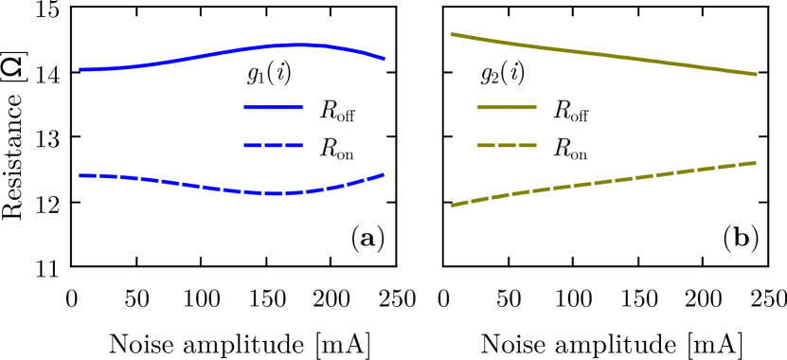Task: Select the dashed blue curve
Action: tap(189, 184)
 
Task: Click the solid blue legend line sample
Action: tap(274, 107)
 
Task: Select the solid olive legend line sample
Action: tap(506, 107)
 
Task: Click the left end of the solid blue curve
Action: tap(80, 69)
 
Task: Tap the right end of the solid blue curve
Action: tap(385, 59)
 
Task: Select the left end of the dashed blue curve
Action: tap(80, 175)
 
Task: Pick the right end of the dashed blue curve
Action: tap(384, 174)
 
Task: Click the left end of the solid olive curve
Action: tap(452, 34)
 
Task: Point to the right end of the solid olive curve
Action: tap(756, 74)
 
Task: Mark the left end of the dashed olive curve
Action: tap(452, 206)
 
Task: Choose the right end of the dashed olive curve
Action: tap(755, 162)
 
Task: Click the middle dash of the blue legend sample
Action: tap(274, 145)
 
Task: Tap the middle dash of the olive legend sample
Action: tap(507, 145)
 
